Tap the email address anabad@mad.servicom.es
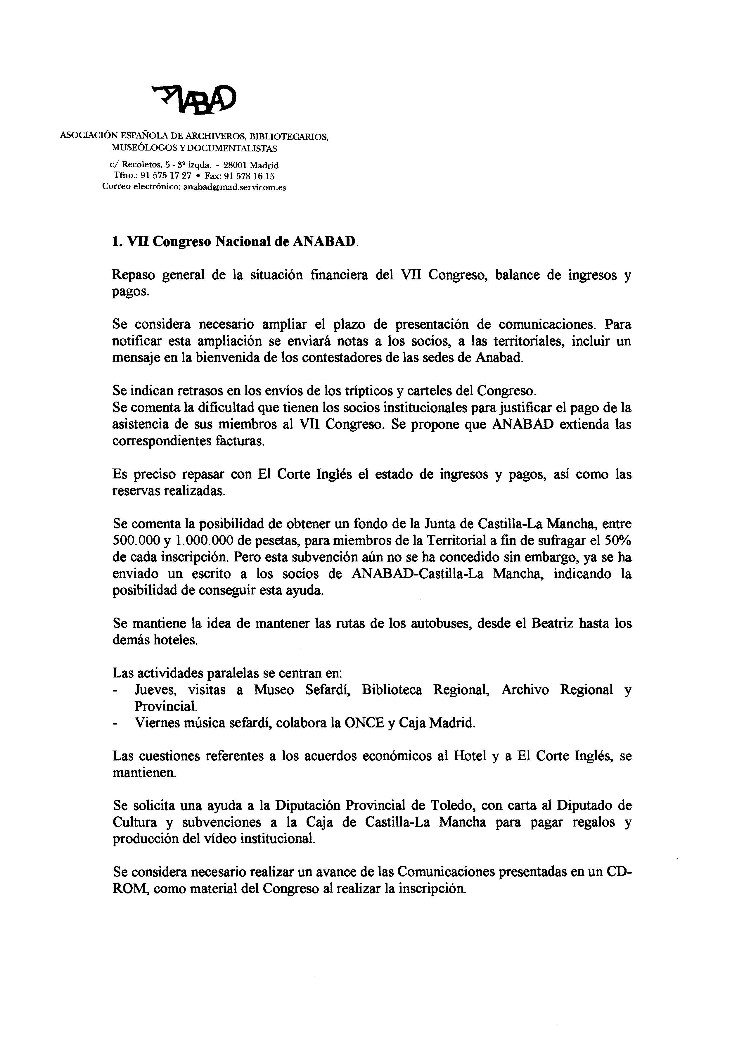[x=235, y=187]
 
